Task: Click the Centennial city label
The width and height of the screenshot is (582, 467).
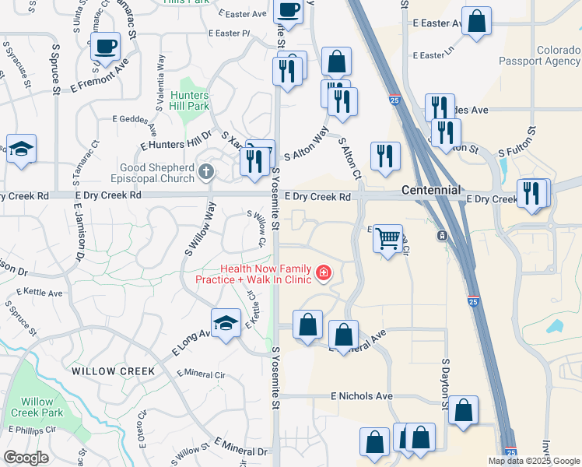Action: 431,190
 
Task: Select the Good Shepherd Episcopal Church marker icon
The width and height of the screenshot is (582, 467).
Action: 206,172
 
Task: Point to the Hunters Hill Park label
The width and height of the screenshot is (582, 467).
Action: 189,100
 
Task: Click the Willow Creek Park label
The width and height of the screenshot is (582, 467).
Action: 37,407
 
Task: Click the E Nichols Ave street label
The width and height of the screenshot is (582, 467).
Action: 362,396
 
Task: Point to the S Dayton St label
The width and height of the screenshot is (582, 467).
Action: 446,384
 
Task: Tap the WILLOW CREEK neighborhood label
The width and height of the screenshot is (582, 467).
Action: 114,371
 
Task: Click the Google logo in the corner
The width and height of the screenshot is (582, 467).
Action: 26,458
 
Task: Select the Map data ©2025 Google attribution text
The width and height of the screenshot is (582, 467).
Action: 535,461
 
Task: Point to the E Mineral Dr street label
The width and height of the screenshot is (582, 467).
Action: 241,448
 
